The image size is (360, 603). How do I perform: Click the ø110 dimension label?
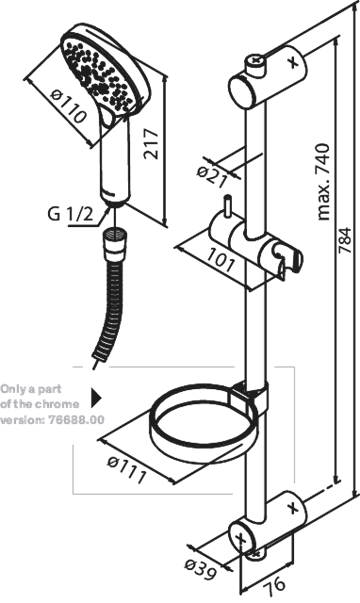click(68, 105)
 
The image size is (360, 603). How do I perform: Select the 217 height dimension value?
click(151, 144)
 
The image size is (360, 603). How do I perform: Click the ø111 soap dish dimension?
click(127, 470)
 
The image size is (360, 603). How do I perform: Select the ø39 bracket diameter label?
click(200, 570)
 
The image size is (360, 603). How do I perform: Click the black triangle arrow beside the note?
click(96, 398)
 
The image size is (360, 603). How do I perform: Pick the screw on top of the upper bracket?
click(254, 64)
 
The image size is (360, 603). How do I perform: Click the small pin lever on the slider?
click(228, 207)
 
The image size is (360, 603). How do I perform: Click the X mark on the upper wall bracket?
click(293, 61)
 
